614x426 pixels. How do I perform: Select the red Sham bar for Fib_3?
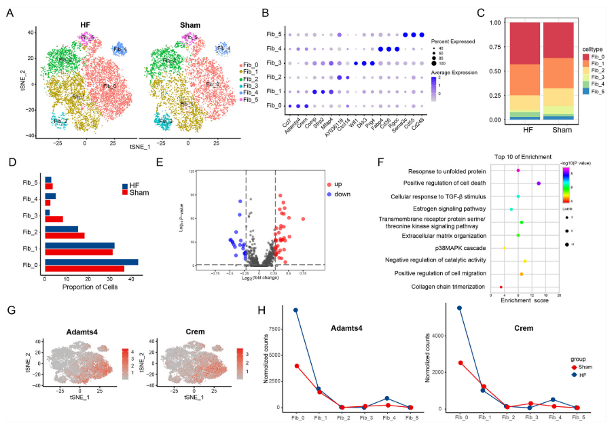point(54,219)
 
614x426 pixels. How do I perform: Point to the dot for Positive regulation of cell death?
point(539,183)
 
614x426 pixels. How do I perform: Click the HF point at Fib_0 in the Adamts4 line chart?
point(295,310)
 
